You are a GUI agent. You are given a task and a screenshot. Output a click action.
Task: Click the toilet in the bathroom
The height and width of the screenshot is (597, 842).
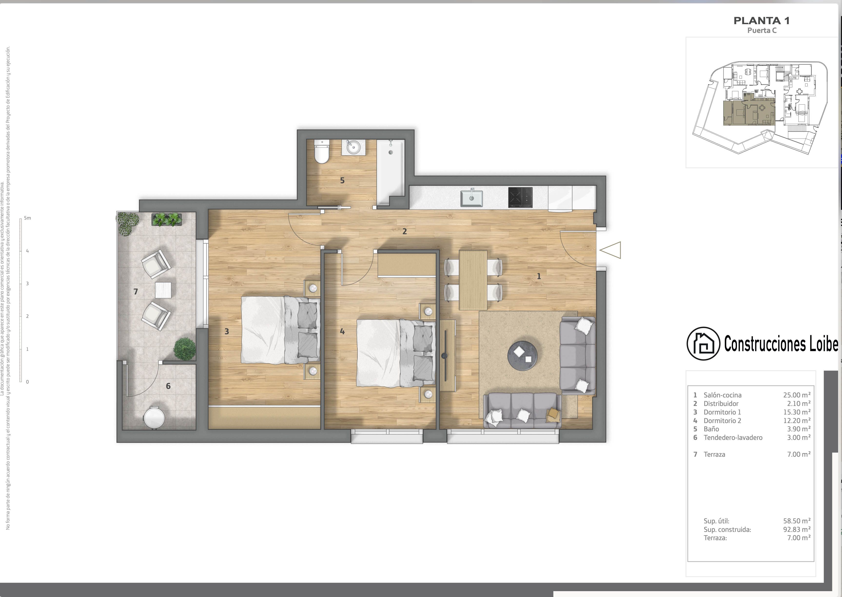point(322,152)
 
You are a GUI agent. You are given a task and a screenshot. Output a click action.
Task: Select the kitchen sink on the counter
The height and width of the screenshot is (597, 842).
point(471,198)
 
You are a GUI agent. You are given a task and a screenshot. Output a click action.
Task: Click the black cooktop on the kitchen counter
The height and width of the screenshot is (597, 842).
point(520,197)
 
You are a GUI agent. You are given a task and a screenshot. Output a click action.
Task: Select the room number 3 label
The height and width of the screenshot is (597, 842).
point(226,332)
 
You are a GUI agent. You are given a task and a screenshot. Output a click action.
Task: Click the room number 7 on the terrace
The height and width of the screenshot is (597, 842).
point(136,292)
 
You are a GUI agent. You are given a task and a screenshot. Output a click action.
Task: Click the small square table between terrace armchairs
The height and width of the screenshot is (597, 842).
point(163,290)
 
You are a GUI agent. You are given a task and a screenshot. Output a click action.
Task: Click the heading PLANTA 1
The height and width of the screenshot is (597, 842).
point(762,21)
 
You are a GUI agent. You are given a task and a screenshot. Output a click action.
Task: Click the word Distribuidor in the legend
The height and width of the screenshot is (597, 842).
point(721,404)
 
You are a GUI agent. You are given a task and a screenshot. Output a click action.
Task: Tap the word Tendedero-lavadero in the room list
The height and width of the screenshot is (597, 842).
point(733,437)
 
